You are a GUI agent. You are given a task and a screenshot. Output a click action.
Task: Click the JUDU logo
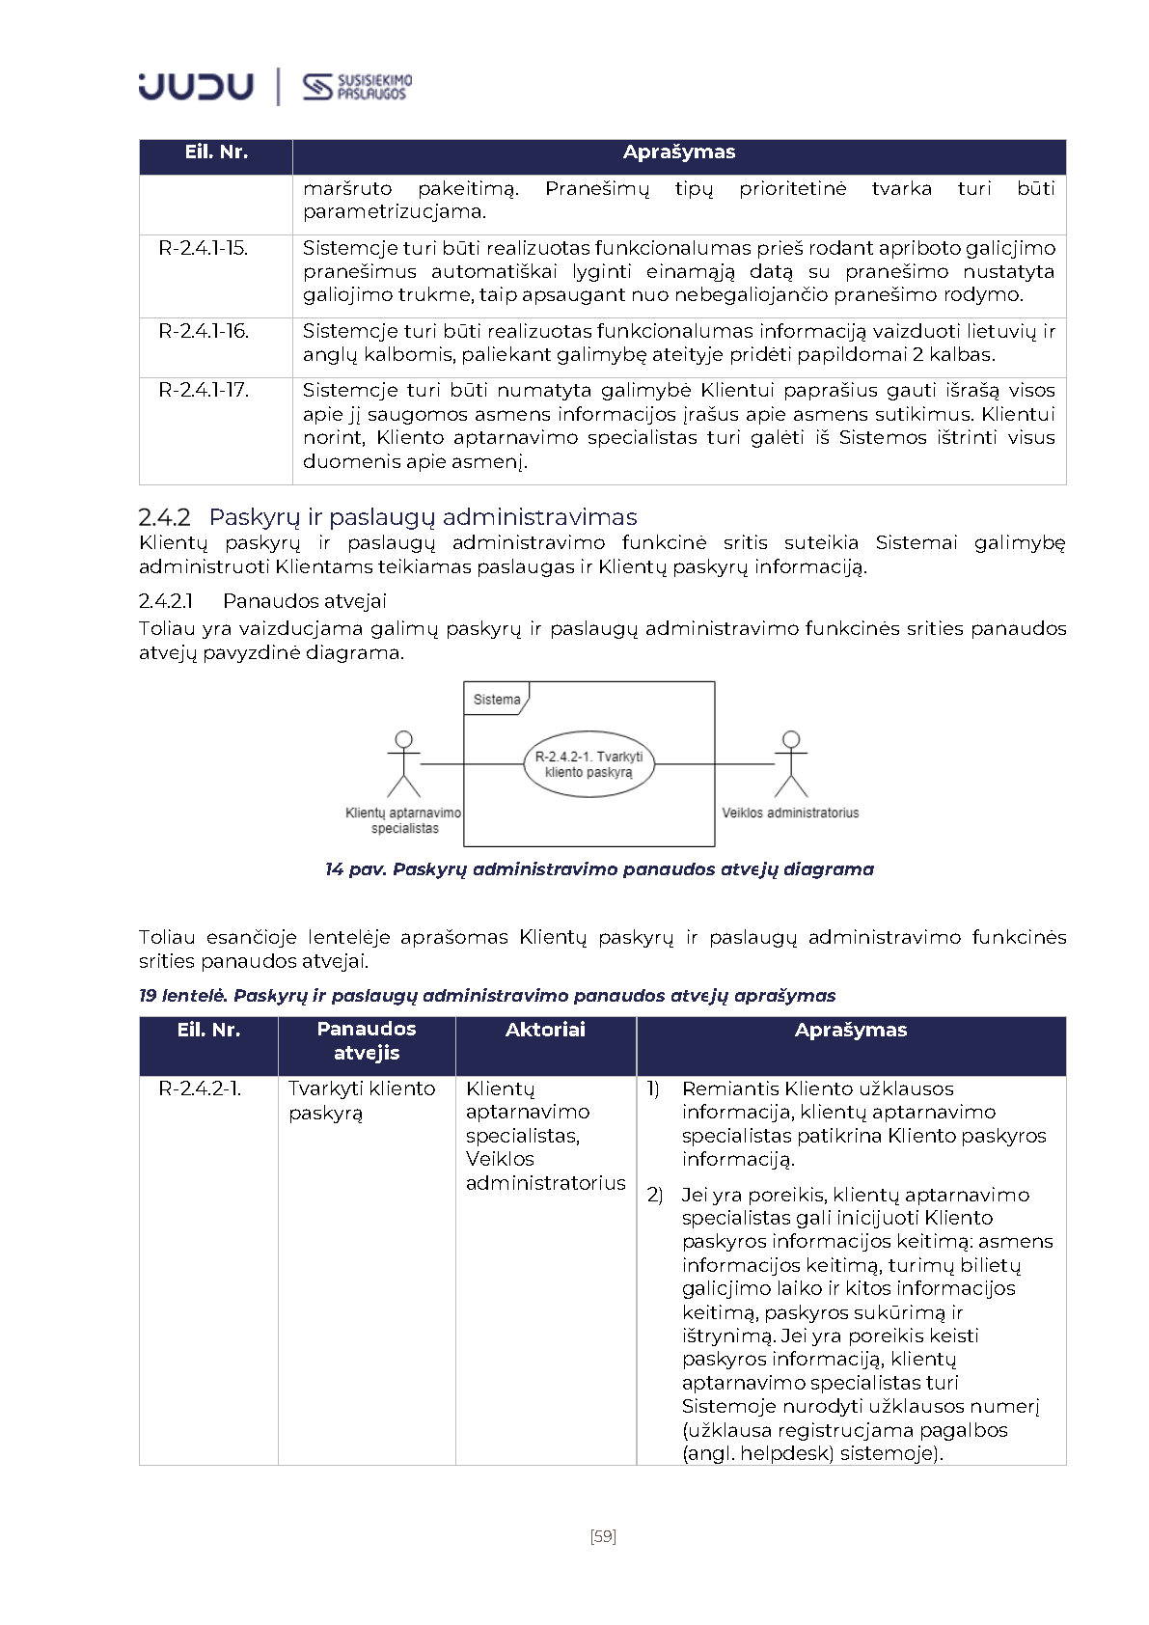(196, 86)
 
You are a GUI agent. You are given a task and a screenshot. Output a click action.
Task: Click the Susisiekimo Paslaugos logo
(357, 87)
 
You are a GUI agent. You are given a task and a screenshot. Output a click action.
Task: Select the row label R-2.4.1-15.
(204, 248)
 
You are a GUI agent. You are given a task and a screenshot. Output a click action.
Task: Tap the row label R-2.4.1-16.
(204, 331)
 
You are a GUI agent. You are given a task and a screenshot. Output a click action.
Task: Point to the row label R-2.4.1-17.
(204, 390)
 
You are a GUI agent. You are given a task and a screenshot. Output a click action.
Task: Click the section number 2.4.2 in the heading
(165, 517)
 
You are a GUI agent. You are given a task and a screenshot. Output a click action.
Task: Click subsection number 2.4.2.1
(166, 601)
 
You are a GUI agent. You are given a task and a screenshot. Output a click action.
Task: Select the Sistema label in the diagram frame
(497, 700)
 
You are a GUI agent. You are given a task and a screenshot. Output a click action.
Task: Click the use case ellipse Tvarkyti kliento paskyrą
(588, 764)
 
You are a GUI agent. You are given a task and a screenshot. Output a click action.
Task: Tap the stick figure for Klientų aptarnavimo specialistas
(403, 763)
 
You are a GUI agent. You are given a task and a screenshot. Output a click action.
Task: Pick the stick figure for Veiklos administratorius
(791, 763)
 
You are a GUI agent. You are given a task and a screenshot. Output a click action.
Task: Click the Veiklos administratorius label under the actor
(790, 812)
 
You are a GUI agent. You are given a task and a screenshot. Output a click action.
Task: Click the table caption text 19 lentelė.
(182, 996)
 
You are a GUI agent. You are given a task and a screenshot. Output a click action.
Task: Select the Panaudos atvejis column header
(367, 1041)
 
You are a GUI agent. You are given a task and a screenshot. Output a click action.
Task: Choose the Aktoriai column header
(545, 1030)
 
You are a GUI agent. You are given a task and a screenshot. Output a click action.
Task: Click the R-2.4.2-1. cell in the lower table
(200, 1088)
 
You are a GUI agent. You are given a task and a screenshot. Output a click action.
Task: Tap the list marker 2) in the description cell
(655, 1195)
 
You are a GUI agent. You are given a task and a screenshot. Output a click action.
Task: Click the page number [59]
(603, 1536)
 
